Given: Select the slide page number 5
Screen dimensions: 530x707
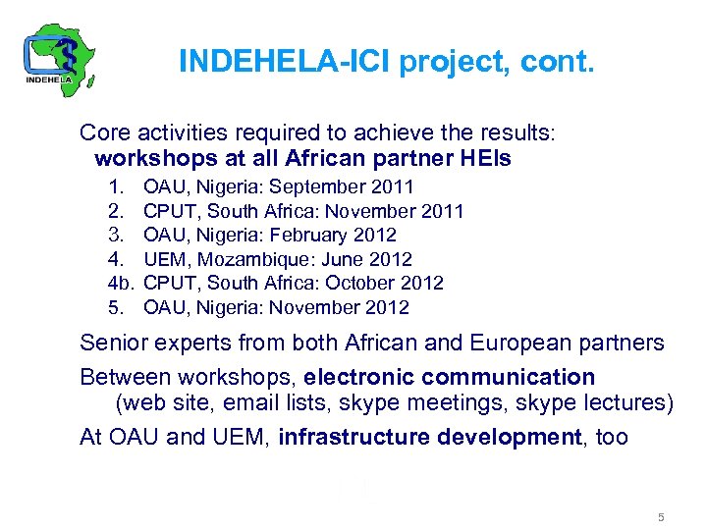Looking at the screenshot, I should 662,517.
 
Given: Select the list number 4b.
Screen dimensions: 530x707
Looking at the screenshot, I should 120,284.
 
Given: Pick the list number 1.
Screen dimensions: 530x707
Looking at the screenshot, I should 116,186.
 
